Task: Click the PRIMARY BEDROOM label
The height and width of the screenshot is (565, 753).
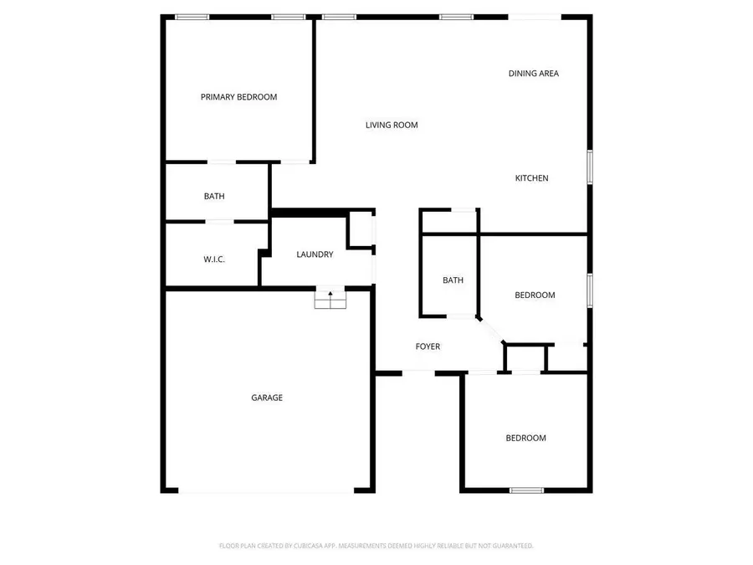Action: (x=238, y=97)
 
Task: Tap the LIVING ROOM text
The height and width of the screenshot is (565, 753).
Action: (x=392, y=125)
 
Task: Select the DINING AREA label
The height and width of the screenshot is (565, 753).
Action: (x=534, y=74)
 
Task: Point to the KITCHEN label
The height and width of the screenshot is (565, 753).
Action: (x=531, y=178)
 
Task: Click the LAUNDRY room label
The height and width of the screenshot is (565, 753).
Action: (x=315, y=254)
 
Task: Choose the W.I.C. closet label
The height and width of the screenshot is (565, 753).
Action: (x=213, y=259)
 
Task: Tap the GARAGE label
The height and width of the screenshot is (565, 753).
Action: (x=267, y=398)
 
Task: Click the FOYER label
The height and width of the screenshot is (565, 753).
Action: (x=428, y=347)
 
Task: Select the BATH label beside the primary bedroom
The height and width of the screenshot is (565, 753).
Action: (x=214, y=196)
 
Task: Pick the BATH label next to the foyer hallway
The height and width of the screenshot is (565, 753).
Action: (x=453, y=280)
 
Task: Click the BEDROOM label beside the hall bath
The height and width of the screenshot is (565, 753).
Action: (x=535, y=295)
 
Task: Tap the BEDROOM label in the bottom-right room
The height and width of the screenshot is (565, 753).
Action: (x=525, y=438)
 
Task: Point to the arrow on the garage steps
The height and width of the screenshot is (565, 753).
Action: (x=330, y=295)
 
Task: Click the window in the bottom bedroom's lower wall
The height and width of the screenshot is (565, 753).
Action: (x=526, y=491)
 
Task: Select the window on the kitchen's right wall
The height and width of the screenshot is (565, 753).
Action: (x=590, y=167)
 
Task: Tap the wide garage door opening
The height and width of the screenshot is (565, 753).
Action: (x=266, y=491)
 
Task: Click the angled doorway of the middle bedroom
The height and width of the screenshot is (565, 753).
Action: (x=491, y=331)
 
